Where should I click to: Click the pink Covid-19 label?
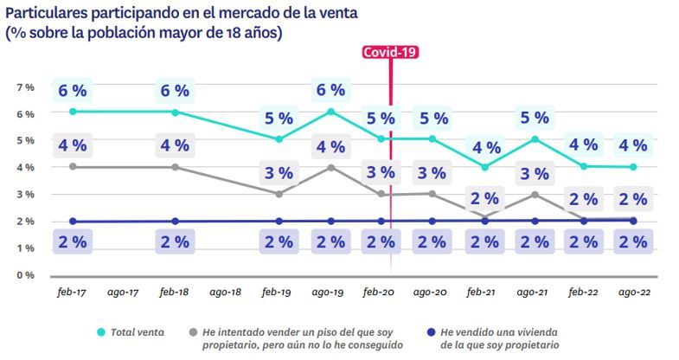pos(391,52)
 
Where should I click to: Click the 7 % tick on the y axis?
pos(25,87)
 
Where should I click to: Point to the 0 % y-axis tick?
pos(25,275)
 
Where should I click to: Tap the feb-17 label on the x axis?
pos(72,293)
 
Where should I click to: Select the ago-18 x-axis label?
pos(226,293)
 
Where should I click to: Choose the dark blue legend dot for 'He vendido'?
pos(430,331)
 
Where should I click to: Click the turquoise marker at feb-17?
pos(72,112)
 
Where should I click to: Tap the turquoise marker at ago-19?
pos(330,112)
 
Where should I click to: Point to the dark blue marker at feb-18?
pos(175,222)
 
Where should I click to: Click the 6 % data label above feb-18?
pos(175,89)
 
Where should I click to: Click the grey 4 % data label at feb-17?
pos(72,144)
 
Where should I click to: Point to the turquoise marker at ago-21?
pos(535,138)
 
